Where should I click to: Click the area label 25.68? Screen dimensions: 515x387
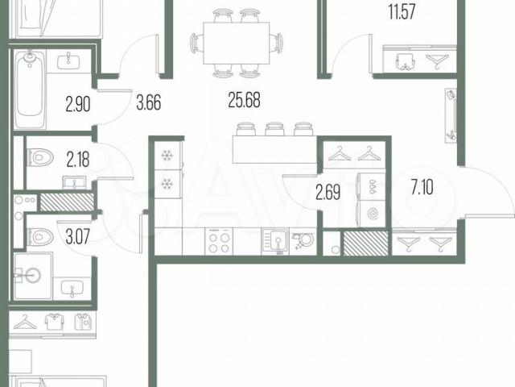[x=244, y=100]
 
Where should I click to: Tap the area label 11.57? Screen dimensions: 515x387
[x=402, y=12]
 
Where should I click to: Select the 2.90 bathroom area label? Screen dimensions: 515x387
[x=78, y=104]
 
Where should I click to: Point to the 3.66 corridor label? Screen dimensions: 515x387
[x=149, y=102]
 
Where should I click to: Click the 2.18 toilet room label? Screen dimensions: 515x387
[x=78, y=160]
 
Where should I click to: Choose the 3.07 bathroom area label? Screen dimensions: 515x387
[x=77, y=236]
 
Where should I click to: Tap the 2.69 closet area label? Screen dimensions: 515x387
[x=328, y=192]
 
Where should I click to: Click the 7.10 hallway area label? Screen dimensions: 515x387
[x=422, y=188]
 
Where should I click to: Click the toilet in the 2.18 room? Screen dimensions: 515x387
[x=40, y=157]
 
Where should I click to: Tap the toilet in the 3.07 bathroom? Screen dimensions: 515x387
[x=40, y=236]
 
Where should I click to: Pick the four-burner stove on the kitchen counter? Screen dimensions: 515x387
[x=219, y=242]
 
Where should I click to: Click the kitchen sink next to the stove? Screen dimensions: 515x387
[x=275, y=242]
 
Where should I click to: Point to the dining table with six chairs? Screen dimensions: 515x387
[x=236, y=43]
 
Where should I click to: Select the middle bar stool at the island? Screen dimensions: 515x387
[x=275, y=129]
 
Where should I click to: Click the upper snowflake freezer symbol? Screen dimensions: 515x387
[x=167, y=156]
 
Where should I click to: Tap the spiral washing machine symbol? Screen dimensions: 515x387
[x=373, y=214]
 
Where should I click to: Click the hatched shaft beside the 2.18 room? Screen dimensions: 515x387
[x=67, y=202]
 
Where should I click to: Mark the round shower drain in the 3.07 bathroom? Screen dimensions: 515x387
[x=32, y=273]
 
